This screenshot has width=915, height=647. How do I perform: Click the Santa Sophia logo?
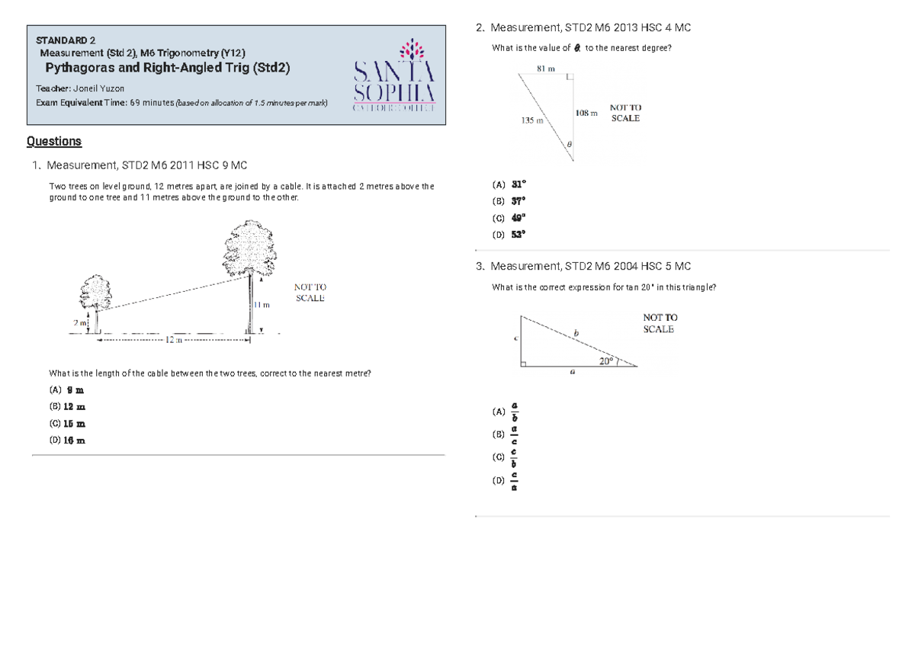(x=393, y=75)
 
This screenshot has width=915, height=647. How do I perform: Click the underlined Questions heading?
(x=53, y=141)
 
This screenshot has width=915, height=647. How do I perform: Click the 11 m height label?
(x=262, y=305)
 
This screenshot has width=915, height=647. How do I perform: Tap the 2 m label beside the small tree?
(x=80, y=323)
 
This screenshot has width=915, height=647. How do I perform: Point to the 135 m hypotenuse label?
(x=532, y=120)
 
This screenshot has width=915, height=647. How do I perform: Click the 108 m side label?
(x=586, y=114)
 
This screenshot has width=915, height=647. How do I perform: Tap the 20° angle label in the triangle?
(x=606, y=361)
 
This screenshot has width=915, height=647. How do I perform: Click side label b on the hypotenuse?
(x=576, y=333)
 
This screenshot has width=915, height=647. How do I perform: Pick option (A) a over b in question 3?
(x=509, y=412)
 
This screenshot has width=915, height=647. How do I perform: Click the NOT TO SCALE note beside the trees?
(x=310, y=293)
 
